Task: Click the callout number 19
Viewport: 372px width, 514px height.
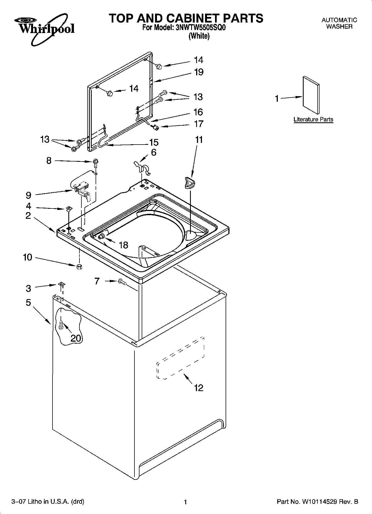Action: coord(199,72)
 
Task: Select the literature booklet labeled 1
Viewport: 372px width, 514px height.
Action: coord(311,95)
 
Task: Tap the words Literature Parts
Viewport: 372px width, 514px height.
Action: coord(313,120)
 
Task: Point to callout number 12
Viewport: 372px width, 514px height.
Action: coord(199,388)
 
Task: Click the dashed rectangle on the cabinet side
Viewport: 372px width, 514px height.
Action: coord(181,358)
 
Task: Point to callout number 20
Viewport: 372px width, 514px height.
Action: coord(76,338)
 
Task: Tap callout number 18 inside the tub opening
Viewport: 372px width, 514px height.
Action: coord(123,245)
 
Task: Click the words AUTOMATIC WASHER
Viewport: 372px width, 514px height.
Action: coord(339,23)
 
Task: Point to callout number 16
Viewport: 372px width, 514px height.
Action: coord(198,112)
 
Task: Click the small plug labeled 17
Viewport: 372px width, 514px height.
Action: coord(156,128)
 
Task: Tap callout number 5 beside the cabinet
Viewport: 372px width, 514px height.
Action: coord(28,302)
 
